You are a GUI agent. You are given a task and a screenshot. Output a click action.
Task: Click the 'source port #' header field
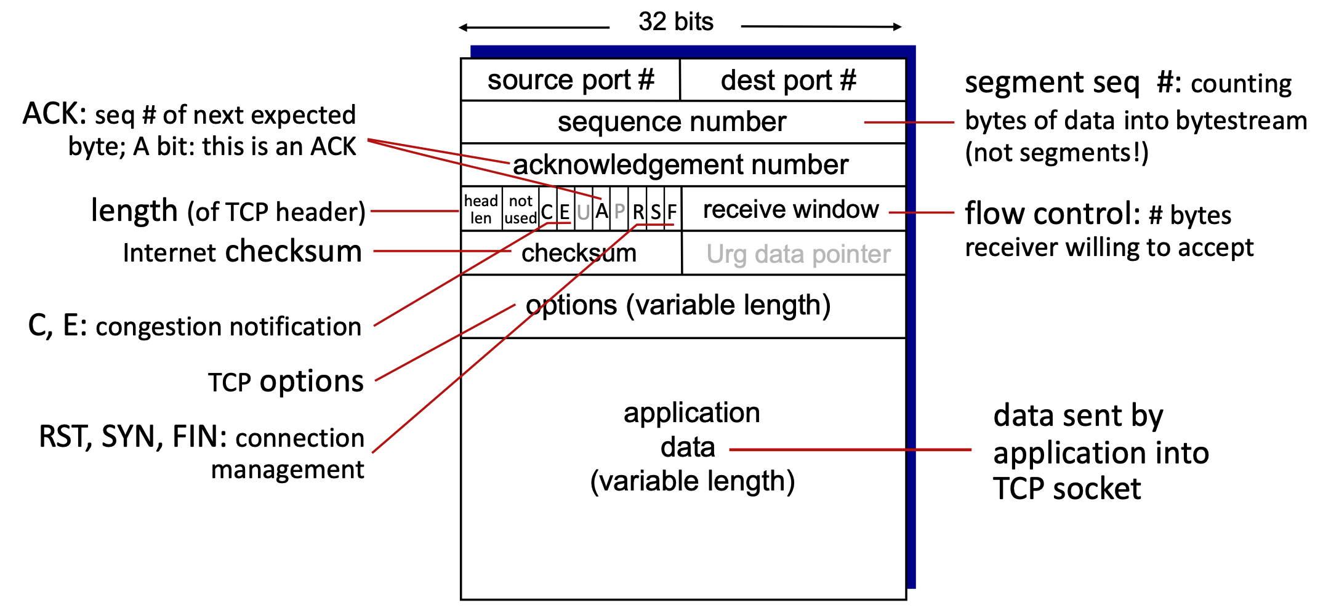point(570,80)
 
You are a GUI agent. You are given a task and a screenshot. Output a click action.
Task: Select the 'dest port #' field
point(788,81)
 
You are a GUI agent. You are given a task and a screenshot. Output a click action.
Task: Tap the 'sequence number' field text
point(672,122)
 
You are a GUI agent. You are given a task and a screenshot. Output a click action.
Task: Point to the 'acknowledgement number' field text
point(680,165)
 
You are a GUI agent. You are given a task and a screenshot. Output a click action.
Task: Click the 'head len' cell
point(481,209)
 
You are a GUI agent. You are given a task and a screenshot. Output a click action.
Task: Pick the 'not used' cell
point(520,209)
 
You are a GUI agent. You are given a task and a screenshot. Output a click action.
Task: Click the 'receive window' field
point(790,210)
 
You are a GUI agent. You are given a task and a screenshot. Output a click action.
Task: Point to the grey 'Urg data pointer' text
point(798,254)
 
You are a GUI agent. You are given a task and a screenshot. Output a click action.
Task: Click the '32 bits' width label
point(675,22)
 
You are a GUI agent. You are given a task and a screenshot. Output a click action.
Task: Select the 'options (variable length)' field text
point(678,305)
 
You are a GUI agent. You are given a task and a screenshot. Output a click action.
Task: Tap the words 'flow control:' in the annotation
point(1053,214)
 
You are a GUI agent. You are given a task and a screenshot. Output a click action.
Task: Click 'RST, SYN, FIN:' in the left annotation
point(133,437)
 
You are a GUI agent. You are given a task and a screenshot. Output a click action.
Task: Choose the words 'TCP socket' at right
point(1067,489)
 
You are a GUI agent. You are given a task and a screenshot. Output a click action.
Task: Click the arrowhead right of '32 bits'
point(898,27)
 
